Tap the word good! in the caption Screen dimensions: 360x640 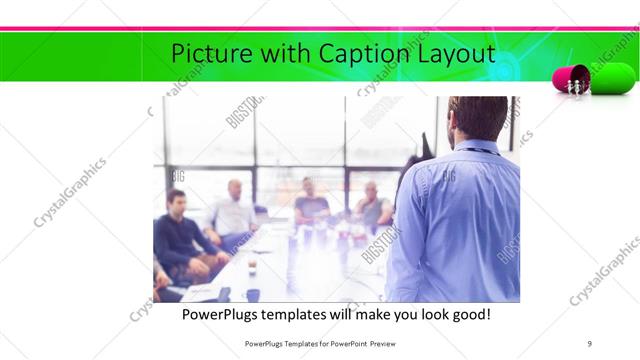[x=468, y=315]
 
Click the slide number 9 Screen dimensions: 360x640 [x=590, y=343]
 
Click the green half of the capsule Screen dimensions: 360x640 [x=612, y=77]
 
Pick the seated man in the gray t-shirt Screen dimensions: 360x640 [x=311, y=204]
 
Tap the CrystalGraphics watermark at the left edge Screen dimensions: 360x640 [x=70, y=193]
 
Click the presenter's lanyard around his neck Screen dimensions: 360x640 [x=478, y=151]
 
